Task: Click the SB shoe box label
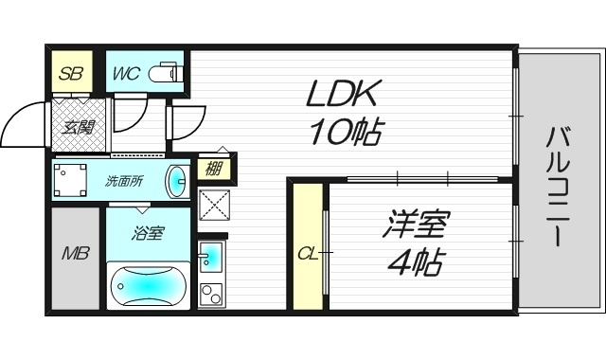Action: click(71, 72)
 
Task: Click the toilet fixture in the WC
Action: click(168, 71)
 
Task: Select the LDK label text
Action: click(343, 94)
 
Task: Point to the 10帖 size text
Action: click(345, 132)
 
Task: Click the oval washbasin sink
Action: click(177, 179)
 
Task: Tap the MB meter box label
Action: click(76, 254)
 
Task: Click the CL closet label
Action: click(307, 254)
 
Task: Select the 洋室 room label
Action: click(416, 226)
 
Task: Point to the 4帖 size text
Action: click(415, 262)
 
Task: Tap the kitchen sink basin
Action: click(211, 256)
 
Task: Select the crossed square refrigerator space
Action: click(213, 206)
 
